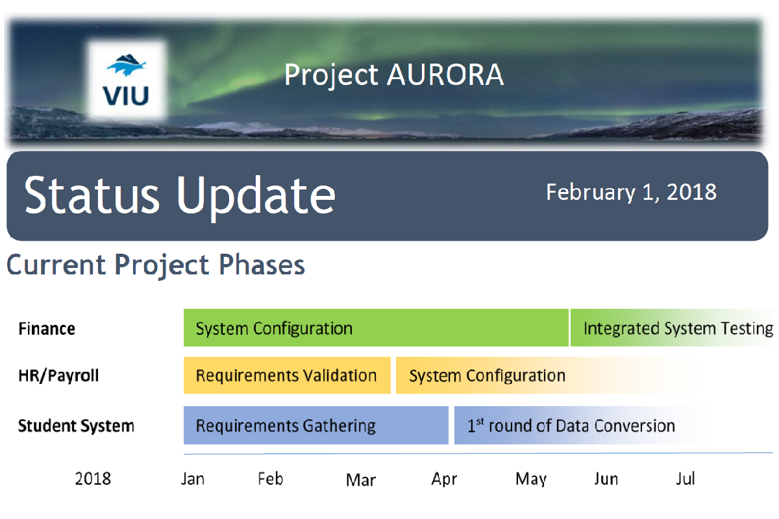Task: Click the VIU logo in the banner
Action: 127,80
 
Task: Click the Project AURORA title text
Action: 394,75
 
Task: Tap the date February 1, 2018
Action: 631,192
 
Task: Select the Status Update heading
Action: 179,195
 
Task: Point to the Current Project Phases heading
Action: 155,265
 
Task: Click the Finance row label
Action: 47,329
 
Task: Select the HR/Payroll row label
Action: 58,376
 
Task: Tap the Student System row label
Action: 76,426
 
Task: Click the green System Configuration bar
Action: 376,328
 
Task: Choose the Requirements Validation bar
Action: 287,376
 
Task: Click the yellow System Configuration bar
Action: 549,376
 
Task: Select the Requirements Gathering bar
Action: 315,426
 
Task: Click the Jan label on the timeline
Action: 193,479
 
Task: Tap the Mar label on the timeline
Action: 361,480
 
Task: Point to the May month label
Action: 531,479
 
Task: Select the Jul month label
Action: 685,479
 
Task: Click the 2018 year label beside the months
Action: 93,479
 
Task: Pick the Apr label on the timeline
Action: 444,479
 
